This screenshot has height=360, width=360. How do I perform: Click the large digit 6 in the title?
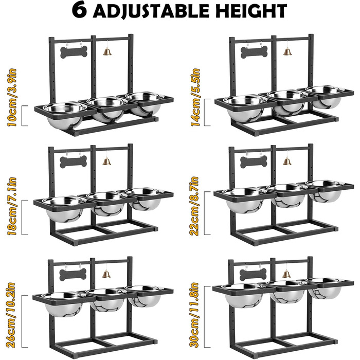coord(79,10)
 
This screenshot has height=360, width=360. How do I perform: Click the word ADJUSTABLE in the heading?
coord(151,11)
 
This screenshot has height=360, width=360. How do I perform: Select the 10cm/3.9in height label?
coord(12,98)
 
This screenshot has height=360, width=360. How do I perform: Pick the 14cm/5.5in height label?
coord(195,98)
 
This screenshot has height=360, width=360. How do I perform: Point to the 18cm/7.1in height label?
coord(12,206)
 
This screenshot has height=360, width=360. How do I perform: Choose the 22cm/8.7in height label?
coord(194,206)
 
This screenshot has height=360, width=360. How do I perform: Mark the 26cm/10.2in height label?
coord(11,315)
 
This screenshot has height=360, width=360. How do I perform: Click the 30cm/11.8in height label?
coord(193,315)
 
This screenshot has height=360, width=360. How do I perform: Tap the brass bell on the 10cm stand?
coord(107,51)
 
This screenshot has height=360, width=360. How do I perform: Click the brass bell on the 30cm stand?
coord(286,274)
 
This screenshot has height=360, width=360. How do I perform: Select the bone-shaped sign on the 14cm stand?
coord(254,52)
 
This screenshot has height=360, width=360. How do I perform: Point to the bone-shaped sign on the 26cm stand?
coord(73,275)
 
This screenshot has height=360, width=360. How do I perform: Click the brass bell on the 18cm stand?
coord(106,161)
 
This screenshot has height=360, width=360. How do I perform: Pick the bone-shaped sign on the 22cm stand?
coord(254,161)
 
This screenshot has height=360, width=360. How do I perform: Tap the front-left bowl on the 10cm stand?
coord(64,115)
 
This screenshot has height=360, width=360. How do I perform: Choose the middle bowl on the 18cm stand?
coord(107,203)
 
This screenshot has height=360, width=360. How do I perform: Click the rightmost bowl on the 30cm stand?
coord(325,288)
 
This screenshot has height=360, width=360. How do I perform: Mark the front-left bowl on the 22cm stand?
coord(244,200)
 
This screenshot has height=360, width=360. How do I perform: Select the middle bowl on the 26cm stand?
coord(106,299)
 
